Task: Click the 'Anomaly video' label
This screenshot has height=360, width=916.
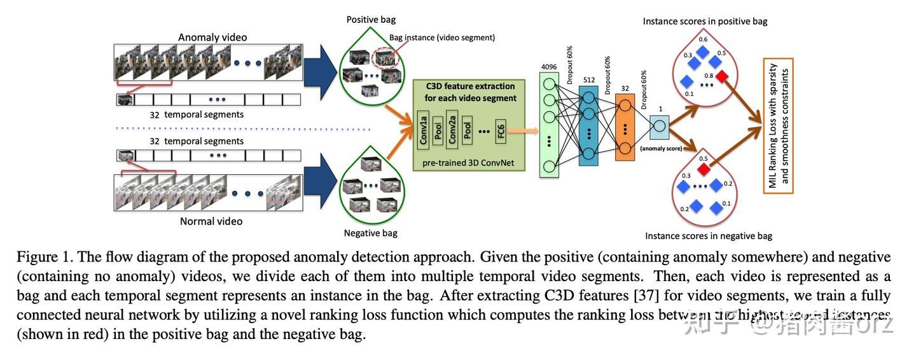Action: coord(212,37)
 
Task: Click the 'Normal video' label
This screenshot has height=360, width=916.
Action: coord(211,221)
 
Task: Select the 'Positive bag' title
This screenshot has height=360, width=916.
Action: coord(371,20)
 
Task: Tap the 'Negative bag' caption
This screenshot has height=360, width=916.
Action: coord(370,233)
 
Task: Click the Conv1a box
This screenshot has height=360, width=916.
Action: coord(422,128)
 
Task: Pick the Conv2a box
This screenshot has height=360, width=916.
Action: coord(452,128)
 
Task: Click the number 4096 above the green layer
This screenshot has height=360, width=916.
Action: coord(549,66)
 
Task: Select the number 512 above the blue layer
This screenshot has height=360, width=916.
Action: coord(588,80)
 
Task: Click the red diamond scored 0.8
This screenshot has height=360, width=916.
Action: coord(723,76)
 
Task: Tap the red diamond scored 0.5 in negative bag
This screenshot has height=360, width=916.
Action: coord(704,169)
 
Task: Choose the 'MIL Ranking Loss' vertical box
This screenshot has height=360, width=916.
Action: coord(778,125)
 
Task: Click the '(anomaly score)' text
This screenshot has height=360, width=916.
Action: coord(662,149)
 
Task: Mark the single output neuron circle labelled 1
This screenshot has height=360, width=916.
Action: coord(659,126)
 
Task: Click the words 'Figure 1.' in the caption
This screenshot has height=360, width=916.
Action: coord(41,258)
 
